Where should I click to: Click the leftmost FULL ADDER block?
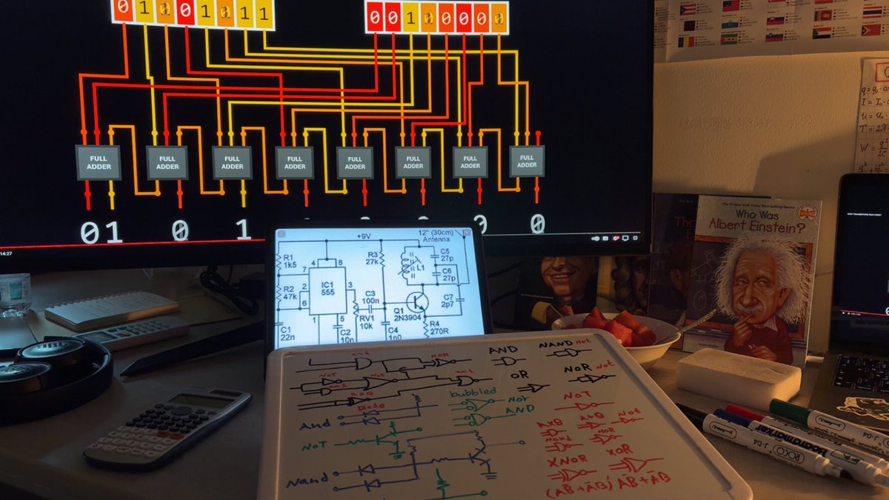(99, 162)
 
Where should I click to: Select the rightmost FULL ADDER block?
(527, 161)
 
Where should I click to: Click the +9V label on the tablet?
(363, 236)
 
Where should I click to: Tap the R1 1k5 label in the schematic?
(290, 261)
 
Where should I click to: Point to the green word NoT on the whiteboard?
(314, 446)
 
